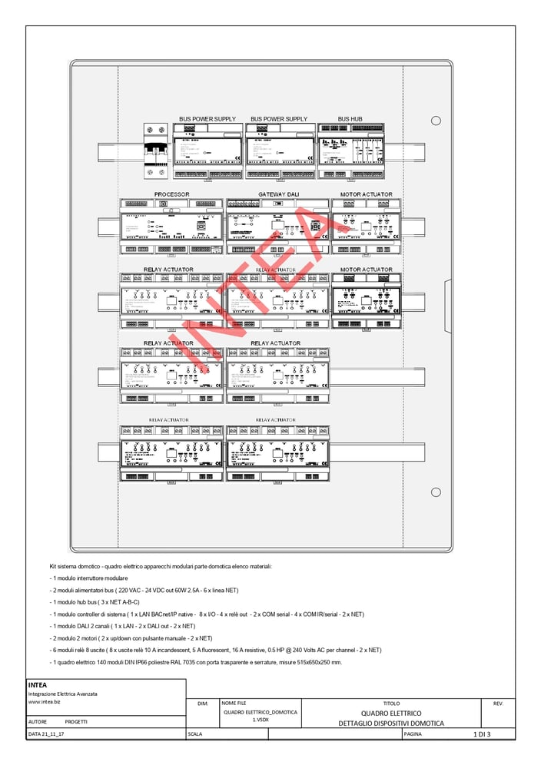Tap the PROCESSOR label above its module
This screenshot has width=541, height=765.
(171, 194)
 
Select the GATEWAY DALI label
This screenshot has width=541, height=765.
(278, 194)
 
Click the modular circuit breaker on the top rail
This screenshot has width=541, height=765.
(156, 151)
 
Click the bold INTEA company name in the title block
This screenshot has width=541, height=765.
(38, 685)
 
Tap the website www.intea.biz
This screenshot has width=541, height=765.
(45, 701)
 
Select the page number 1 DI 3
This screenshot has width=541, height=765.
(481, 734)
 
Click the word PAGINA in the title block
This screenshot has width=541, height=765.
(413, 734)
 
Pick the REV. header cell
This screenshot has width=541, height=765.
(497, 703)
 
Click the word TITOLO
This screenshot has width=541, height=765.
(391, 703)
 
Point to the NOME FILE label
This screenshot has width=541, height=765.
(234, 703)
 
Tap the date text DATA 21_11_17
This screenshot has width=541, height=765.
(46, 734)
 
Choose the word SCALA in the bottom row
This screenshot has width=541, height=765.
(195, 734)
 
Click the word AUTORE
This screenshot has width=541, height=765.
(38, 722)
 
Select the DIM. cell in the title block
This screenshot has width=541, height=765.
(202, 703)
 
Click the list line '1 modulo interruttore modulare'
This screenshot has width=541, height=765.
(89, 578)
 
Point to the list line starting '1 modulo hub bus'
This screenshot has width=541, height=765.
(95, 602)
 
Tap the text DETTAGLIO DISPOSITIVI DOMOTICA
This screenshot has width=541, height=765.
(391, 724)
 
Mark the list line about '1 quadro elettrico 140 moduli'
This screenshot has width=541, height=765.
(196, 662)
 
